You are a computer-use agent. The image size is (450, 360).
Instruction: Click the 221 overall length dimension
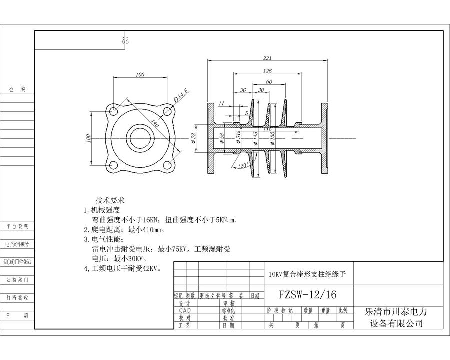point(268,58)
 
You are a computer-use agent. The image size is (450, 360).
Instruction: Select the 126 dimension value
point(268,71)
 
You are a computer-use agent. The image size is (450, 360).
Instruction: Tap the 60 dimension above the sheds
point(269,81)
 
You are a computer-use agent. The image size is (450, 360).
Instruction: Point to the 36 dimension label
point(243,90)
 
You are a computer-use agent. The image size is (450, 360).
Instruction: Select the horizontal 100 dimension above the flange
point(140,75)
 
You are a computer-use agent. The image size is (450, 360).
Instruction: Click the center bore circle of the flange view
point(139,137)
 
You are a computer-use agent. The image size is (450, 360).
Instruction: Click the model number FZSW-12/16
point(308,295)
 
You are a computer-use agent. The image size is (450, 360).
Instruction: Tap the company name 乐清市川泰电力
point(397,311)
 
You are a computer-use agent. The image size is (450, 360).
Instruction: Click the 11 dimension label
point(222,103)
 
